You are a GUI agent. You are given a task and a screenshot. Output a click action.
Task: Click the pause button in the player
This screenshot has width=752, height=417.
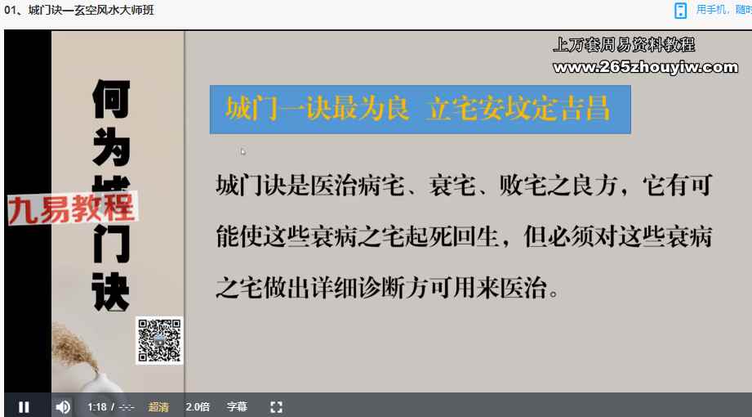(24, 407)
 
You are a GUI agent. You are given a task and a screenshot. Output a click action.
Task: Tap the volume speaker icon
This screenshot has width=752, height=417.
(63, 407)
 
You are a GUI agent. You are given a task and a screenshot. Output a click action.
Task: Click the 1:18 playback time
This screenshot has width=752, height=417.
(97, 407)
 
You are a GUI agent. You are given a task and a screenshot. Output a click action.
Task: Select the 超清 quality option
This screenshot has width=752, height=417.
(158, 407)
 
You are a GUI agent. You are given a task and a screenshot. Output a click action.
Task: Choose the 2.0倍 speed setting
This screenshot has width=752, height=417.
(198, 407)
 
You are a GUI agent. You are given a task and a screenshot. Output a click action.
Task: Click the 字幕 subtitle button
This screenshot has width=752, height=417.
(237, 407)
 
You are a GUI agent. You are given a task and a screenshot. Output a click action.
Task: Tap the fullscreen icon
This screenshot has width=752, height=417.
(276, 407)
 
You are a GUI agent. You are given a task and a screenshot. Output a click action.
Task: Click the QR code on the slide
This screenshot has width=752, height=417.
(159, 341)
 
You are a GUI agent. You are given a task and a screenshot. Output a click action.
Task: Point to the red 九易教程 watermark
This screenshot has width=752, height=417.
(72, 208)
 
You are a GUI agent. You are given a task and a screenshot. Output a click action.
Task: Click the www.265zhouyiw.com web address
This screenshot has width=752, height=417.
(646, 67)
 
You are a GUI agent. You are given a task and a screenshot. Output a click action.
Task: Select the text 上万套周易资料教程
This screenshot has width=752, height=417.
(624, 45)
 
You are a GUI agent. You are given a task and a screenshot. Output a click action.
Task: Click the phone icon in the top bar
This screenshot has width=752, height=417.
(680, 11)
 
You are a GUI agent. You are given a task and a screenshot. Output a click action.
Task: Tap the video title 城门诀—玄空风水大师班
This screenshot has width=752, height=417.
(91, 10)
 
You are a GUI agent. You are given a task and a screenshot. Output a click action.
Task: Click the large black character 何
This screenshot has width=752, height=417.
(111, 99)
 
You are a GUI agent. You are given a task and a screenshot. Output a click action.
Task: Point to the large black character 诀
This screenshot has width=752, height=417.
(111, 292)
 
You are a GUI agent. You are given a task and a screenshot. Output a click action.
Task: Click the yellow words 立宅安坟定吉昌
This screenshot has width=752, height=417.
(519, 109)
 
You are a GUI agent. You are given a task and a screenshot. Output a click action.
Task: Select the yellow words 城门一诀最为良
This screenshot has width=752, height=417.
(318, 109)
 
